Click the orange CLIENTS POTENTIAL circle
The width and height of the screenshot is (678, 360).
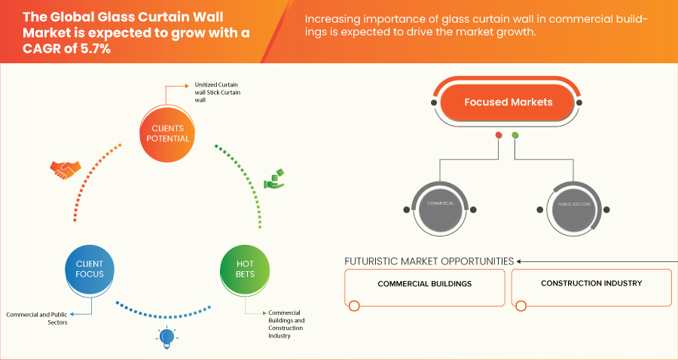tap(165, 133)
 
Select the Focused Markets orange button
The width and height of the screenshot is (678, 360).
tap(508, 102)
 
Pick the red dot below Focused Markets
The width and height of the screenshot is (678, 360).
tap(498, 136)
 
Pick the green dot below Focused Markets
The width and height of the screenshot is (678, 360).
tap(515, 136)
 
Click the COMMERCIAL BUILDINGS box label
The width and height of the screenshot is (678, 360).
tap(425, 284)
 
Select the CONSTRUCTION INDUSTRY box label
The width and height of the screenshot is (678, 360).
tap(591, 284)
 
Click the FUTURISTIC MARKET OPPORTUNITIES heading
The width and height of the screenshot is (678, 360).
tap(429, 261)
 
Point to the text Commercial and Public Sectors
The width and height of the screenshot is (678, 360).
tap(37, 317)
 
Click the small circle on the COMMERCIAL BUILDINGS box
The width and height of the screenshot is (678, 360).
tap(354, 305)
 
